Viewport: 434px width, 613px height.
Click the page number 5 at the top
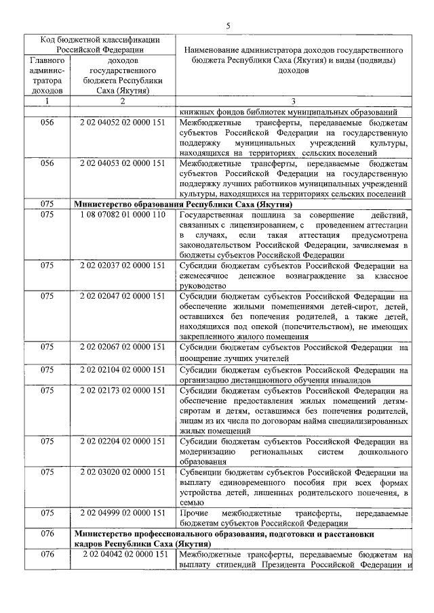pyautogui.click(x=228, y=26)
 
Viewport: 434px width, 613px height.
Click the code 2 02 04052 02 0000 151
pyautogui.click(x=122, y=124)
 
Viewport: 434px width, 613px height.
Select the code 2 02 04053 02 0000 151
pyautogui.click(x=122, y=163)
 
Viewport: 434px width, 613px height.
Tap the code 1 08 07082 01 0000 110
pyautogui.click(x=122, y=215)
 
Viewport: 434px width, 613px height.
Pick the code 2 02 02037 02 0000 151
pyautogui.click(x=122, y=266)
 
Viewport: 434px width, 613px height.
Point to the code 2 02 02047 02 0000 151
pyautogui.click(x=122, y=296)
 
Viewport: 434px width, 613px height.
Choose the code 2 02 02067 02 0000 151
pyautogui.click(x=122, y=347)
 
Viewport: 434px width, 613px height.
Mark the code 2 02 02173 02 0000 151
pyautogui.click(x=122, y=391)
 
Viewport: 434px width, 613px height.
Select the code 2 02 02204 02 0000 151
pyautogui.click(x=122, y=442)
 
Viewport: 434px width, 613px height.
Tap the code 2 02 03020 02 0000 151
pyautogui.click(x=122, y=472)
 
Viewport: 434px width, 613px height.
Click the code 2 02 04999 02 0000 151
pyautogui.click(x=122, y=513)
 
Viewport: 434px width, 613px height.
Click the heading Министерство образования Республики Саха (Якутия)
pyautogui.click(x=183, y=203)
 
